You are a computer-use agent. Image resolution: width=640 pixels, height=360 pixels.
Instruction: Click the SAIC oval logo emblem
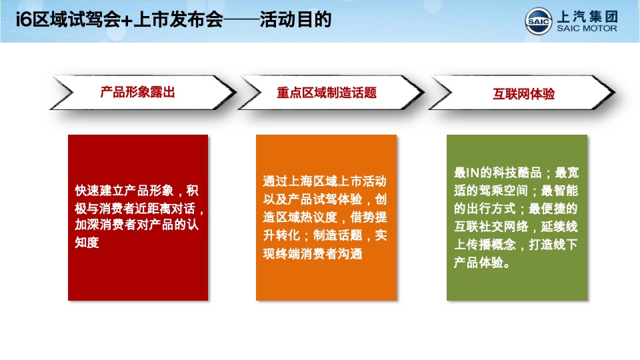pyautogui.click(x=538, y=21)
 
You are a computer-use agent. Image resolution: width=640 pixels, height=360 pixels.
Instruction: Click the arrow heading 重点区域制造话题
pyautogui.click(x=327, y=93)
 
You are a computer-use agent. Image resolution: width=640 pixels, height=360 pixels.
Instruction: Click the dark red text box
pyautogui.click(x=138, y=217)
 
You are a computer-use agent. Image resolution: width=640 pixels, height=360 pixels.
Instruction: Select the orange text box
pyautogui.click(x=326, y=217)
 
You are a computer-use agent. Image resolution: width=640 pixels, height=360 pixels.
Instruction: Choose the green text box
pyautogui.click(x=517, y=217)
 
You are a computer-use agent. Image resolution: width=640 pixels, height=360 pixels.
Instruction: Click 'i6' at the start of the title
pyautogui.click(x=23, y=21)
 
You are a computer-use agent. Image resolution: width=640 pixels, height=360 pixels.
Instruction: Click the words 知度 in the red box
pyautogui.click(x=87, y=243)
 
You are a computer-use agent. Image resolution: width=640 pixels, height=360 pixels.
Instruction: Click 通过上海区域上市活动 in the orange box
pyautogui.click(x=325, y=181)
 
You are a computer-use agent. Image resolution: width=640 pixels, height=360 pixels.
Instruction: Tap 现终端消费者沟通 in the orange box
pyautogui.click(x=313, y=253)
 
